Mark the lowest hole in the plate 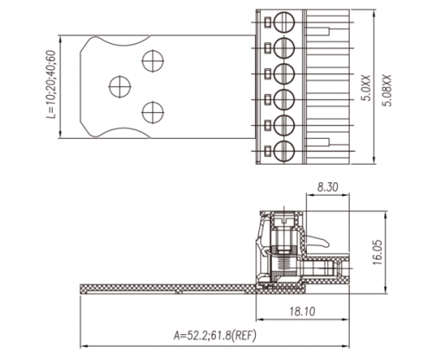coord(152,111)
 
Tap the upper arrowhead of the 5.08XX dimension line coord(372,10)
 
